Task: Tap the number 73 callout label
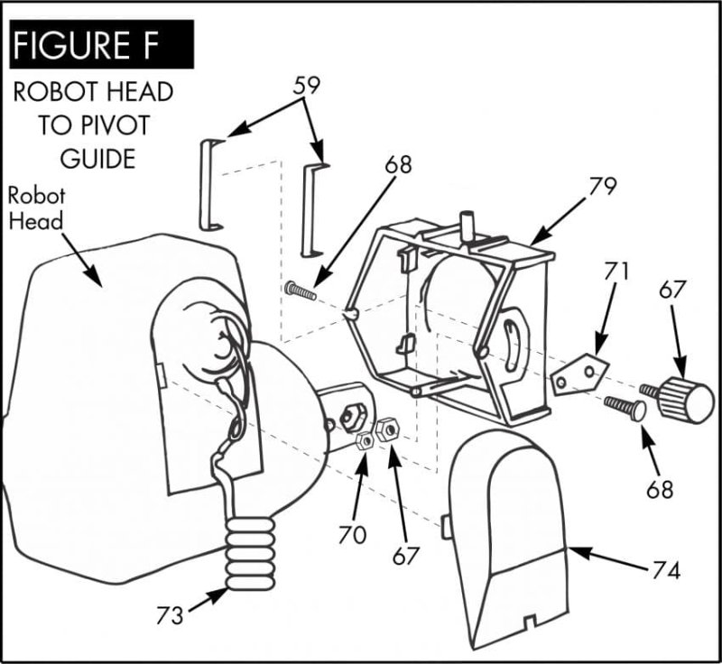pos(169,615)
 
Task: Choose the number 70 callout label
pos(352,533)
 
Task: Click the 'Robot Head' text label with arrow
pos(37,208)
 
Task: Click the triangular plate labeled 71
pos(578,373)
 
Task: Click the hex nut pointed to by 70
pos(366,441)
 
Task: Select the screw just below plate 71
pos(624,408)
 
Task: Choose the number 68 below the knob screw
pos(660,490)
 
